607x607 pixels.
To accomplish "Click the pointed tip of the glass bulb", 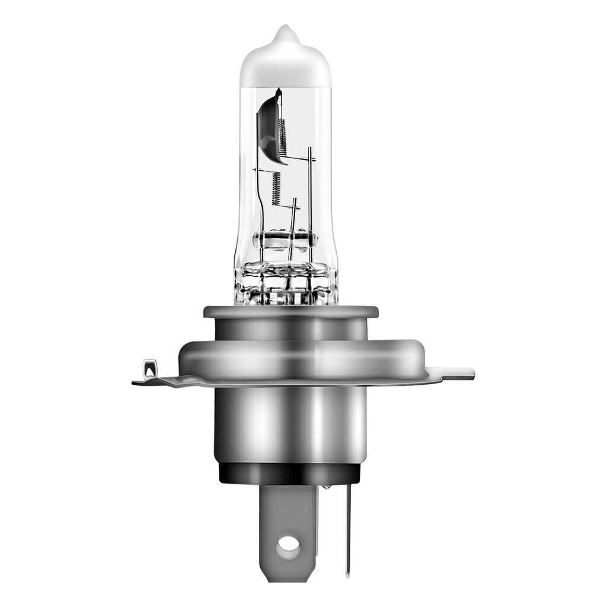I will click(286, 29).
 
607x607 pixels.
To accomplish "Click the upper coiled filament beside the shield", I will click(283, 136).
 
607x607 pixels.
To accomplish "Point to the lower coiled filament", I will click(276, 188).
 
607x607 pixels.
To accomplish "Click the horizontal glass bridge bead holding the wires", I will click(285, 239).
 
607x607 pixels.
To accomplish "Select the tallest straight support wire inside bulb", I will click(309, 196).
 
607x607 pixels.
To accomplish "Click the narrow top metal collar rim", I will click(290, 311).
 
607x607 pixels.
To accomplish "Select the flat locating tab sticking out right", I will click(453, 373).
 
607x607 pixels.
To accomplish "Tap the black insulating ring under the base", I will click(289, 473).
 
